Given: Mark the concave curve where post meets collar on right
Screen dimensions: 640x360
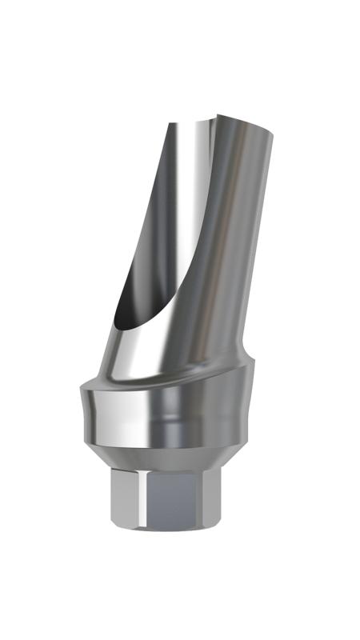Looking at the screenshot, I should coord(245,360).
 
